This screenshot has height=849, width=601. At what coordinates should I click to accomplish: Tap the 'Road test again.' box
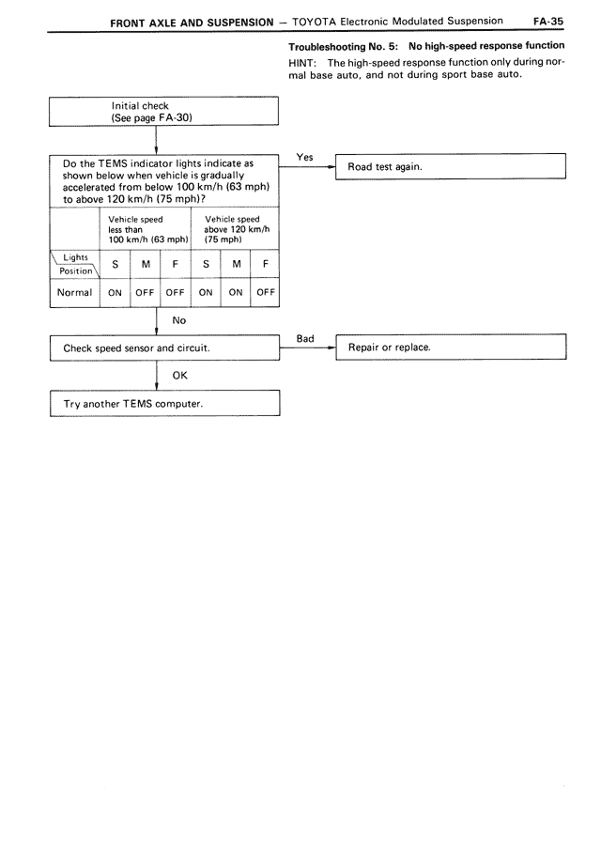click(451, 166)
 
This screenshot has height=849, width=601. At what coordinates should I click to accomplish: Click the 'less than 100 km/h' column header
click(145, 231)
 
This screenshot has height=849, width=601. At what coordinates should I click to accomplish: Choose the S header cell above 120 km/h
click(205, 264)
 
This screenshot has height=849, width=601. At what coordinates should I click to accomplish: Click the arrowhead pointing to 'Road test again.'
click(331, 166)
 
